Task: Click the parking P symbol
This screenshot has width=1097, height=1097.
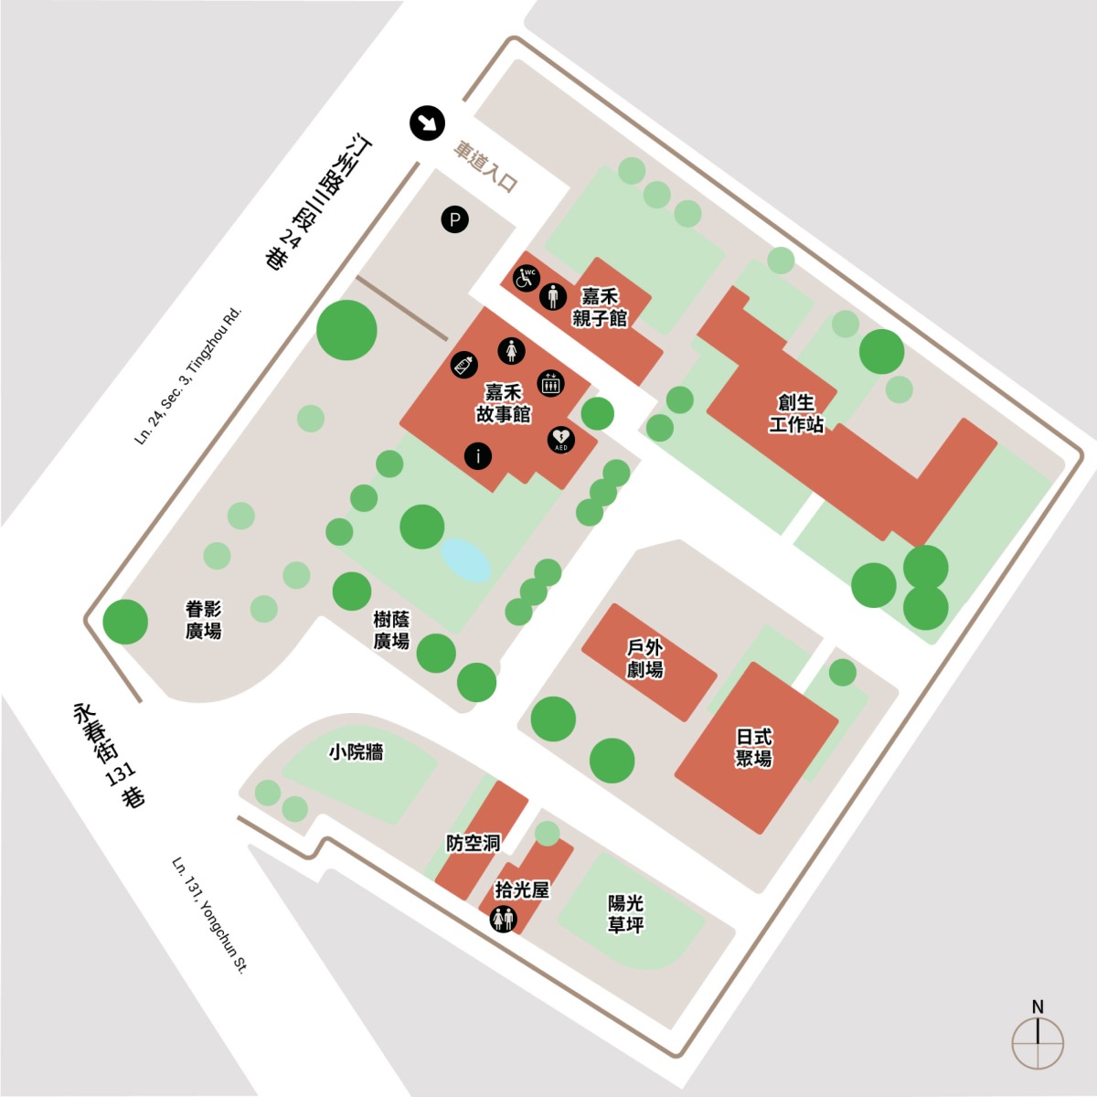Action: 455,219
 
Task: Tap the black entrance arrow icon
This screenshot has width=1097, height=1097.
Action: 427,123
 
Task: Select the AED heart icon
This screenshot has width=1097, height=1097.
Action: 560,440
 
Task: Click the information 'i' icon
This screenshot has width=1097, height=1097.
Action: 478,456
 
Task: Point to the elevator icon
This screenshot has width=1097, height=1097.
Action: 550,383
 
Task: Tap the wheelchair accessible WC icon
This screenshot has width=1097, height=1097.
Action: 526,279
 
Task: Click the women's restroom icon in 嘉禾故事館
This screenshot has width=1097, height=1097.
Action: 511,351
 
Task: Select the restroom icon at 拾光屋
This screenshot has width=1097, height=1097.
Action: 504,919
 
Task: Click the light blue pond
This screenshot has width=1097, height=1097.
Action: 465,560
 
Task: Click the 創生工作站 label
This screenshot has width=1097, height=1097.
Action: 796,414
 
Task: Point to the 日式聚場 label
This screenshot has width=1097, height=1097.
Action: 753,748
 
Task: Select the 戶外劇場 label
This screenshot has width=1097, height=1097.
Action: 645,658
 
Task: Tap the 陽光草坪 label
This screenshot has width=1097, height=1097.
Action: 625,913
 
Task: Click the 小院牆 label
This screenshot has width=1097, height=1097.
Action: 357,752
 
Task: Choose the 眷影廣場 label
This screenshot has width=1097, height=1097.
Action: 203,620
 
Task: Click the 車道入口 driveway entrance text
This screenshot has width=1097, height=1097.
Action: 485,167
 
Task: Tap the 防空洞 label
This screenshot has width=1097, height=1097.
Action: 473,843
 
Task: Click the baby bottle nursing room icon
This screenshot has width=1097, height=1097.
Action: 464,365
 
